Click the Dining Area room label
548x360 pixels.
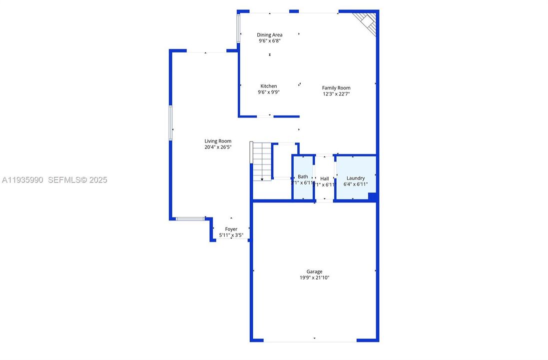(270, 35)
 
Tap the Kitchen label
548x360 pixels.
(268, 86)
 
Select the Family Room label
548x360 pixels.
(336, 88)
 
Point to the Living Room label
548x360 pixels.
(218, 141)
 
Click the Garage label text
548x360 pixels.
(314, 271)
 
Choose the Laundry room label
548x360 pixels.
(355, 178)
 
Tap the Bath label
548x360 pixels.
(303, 176)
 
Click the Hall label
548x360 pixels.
(325, 178)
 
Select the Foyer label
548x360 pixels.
(231, 229)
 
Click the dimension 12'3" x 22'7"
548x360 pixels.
(336, 93)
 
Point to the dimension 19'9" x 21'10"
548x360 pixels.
(314, 277)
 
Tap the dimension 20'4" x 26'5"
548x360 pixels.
(218, 147)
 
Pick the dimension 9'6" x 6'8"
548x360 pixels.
(270, 41)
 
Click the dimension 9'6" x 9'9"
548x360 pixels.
(268, 92)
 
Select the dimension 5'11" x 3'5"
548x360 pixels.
(231, 235)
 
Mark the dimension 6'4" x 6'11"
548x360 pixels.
(355, 184)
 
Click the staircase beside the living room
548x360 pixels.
(261, 161)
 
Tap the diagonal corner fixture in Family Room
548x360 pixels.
(365, 21)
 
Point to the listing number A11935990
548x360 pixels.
(23, 180)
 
